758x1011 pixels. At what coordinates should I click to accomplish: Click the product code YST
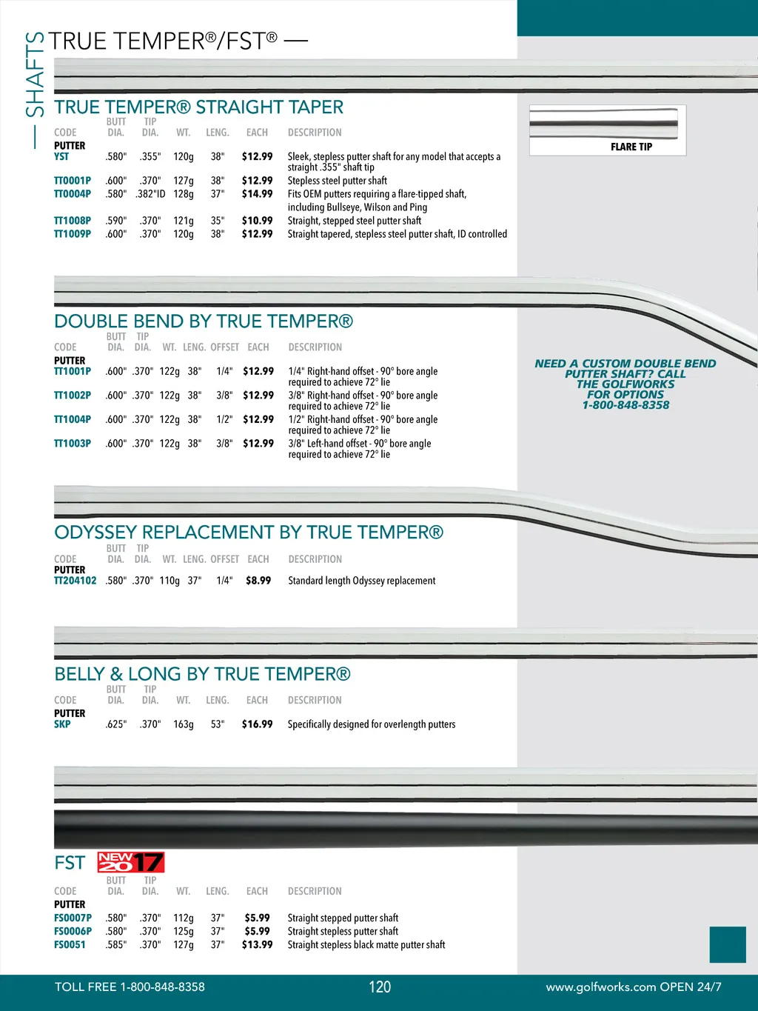coord(61,157)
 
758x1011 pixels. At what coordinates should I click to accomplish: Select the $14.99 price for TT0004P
coord(257,194)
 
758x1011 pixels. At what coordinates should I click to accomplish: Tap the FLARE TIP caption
coord(631,147)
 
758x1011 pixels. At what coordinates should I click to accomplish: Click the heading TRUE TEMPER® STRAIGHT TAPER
coord(198,107)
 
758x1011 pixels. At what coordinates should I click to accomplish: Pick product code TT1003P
coord(73,444)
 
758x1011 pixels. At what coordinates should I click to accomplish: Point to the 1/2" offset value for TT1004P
coord(224,419)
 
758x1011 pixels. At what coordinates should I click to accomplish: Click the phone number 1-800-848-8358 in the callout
coord(625,405)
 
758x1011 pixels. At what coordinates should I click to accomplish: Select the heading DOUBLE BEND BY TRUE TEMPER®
coord(204,321)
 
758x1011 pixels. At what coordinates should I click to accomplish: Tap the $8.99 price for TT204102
coord(258,581)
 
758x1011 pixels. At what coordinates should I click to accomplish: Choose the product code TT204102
coord(76,581)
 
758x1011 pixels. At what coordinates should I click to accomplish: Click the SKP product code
coord(62,724)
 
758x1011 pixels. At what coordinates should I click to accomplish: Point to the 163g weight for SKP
coord(184,724)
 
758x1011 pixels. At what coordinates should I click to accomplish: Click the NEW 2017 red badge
coord(131,862)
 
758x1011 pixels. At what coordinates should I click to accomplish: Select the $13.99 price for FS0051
coord(257,945)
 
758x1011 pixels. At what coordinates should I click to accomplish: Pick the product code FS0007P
coord(73,918)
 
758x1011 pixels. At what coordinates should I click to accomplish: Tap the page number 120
coord(380,987)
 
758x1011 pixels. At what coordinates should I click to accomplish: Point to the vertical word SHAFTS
coord(35,74)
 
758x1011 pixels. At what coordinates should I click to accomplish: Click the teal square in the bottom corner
coord(728,944)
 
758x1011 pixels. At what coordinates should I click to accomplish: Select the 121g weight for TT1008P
coord(184,221)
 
